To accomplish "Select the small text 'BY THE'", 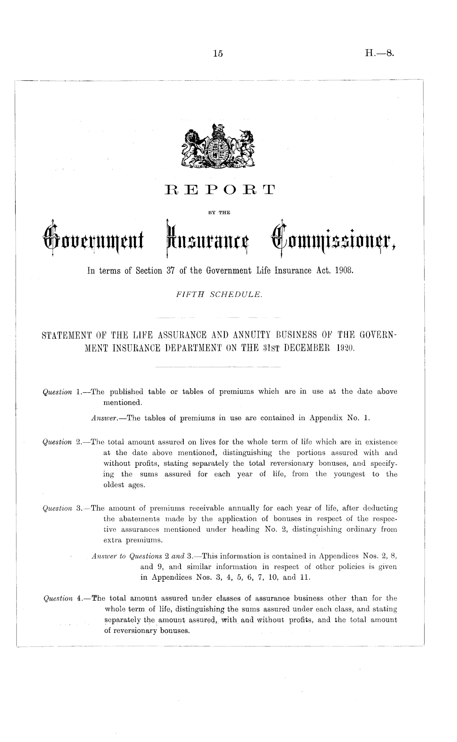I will pyautogui.click(x=218, y=212).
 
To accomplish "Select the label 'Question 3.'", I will pyautogui.click(x=64, y=509).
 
